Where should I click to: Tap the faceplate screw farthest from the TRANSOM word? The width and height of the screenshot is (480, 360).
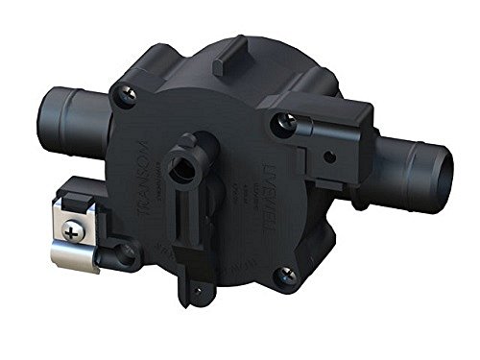point(283,276)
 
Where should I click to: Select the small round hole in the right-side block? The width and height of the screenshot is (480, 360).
point(330,155)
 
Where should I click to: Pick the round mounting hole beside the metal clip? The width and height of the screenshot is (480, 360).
point(124,252)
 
